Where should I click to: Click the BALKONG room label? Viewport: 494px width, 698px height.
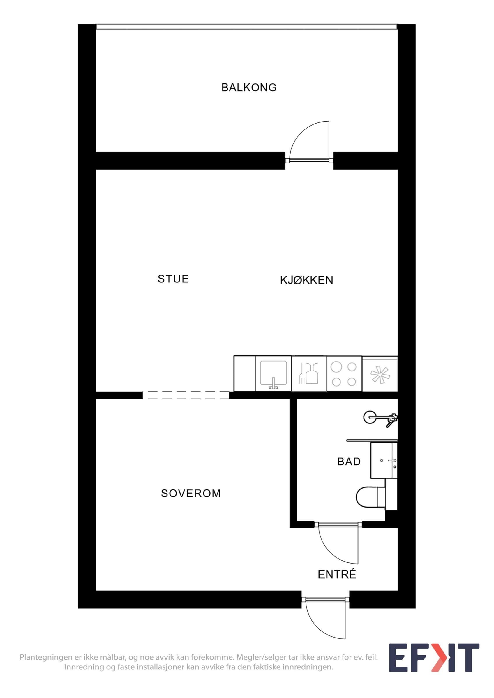tap(249, 88)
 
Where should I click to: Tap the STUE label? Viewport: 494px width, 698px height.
tap(173, 279)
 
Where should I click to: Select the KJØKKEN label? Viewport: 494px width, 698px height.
tap(306, 280)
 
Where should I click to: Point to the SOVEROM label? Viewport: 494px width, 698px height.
tap(191, 493)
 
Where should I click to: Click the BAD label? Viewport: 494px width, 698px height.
tap(349, 462)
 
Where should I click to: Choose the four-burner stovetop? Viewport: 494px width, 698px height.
tap(344, 374)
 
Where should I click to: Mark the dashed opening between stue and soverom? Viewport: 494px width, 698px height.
tap(186, 395)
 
